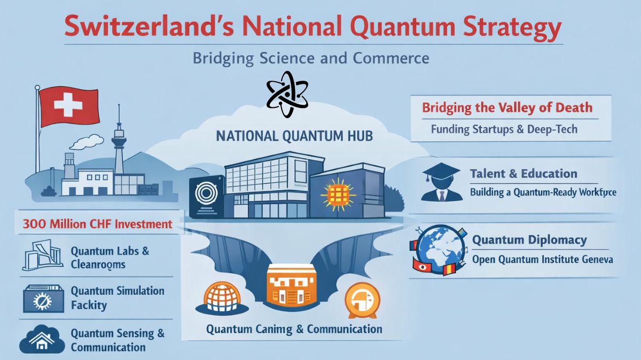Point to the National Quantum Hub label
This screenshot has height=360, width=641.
294,136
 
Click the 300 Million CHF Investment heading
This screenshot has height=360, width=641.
97,224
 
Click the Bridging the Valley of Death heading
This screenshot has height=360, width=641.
507,107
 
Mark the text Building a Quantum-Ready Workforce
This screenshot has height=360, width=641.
543,192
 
